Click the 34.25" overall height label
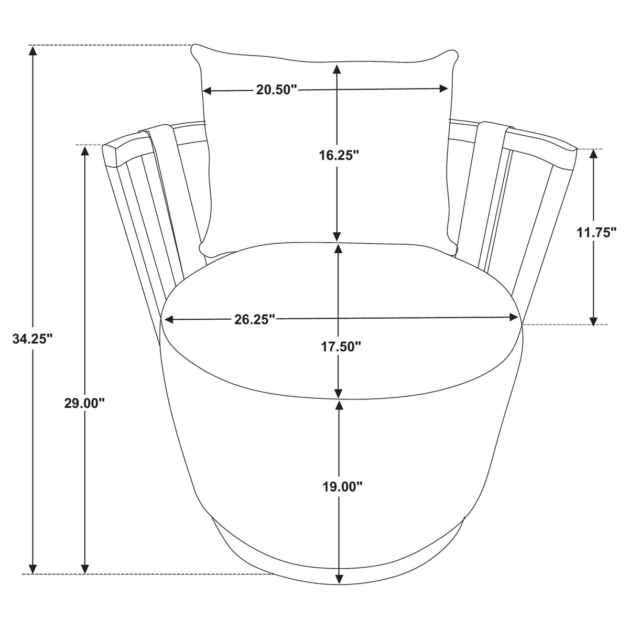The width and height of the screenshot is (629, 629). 32,339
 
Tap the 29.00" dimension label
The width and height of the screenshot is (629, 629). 84,404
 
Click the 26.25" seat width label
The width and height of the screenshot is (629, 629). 254,319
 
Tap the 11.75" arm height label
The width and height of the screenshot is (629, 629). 596,232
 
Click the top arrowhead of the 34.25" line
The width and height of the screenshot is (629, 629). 32,51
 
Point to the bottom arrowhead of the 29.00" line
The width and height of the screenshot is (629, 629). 85,578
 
